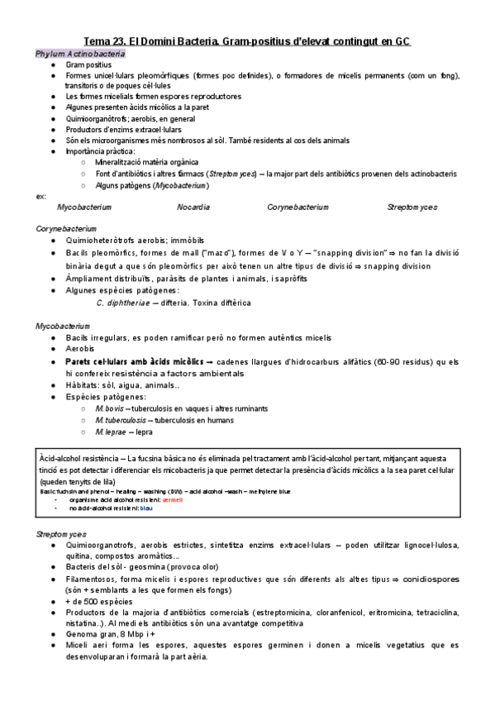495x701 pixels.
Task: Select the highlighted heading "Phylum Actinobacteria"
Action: (80, 53)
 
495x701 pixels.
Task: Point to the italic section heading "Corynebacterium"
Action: (66, 227)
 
